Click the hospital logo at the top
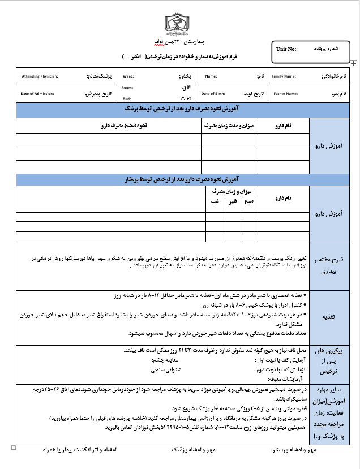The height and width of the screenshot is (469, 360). pos(179,23)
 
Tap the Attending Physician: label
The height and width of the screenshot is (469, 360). pos(40,76)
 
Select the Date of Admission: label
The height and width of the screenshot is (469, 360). pos(37,93)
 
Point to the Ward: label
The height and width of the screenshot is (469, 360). pos(128,76)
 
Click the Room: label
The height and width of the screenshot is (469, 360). pos(127,88)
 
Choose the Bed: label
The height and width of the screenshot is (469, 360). pos(126,98)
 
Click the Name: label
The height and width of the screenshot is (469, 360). pos(211,76)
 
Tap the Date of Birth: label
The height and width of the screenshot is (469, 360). pos(213,93)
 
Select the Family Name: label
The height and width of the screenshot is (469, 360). pos(284,76)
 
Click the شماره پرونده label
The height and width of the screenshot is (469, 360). pos(327,49)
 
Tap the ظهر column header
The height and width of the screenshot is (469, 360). pos(232,201)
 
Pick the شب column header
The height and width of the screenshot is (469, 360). pos(215,201)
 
